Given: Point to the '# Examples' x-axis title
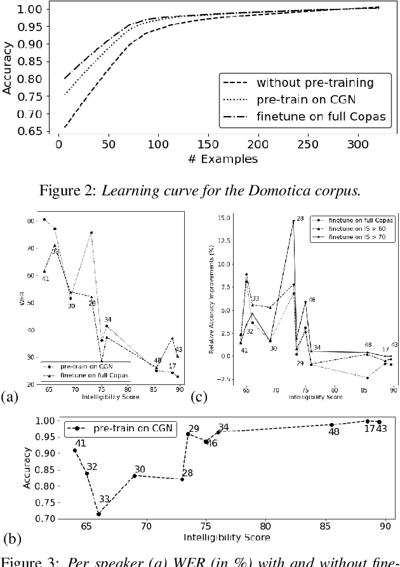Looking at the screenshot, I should [223, 159].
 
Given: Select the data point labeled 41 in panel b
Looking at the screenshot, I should [75, 450].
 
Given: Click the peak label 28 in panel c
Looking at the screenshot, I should [300, 218].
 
